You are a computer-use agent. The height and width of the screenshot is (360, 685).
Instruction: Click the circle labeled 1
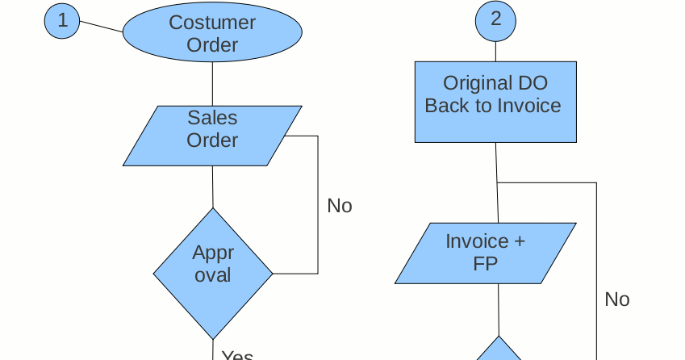click(x=62, y=20)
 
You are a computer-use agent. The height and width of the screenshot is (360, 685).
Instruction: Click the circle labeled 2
click(x=495, y=19)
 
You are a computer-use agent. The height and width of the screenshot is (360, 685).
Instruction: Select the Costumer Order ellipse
click(x=212, y=33)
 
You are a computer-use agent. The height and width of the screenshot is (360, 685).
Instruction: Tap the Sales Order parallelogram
click(x=212, y=136)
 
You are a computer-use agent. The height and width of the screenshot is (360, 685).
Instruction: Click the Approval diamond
click(x=213, y=273)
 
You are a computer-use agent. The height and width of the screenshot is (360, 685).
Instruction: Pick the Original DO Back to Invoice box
click(x=495, y=102)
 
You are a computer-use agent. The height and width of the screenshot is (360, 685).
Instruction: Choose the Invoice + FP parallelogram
click(x=486, y=253)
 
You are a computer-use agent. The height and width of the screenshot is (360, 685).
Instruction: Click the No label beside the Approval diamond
click(x=340, y=206)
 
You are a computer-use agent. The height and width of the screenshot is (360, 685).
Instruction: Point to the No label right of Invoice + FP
click(x=616, y=299)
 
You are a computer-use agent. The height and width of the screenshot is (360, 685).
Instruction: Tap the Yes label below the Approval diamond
click(x=238, y=355)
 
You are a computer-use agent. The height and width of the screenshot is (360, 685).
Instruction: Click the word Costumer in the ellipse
click(x=212, y=23)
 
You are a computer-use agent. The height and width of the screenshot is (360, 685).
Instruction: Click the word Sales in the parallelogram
click(x=212, y=118)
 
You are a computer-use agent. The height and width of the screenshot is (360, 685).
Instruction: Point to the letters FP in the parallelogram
click(x=485, y=264)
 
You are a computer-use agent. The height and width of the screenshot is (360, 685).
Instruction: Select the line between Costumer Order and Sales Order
click(x=212, y=83)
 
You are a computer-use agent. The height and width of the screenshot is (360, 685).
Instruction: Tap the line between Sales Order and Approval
click(x=213, y=186)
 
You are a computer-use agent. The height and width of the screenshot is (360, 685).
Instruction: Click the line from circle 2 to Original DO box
click(x=495, y=51)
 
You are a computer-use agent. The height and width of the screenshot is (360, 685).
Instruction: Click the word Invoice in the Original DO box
click(x=528, y=106)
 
